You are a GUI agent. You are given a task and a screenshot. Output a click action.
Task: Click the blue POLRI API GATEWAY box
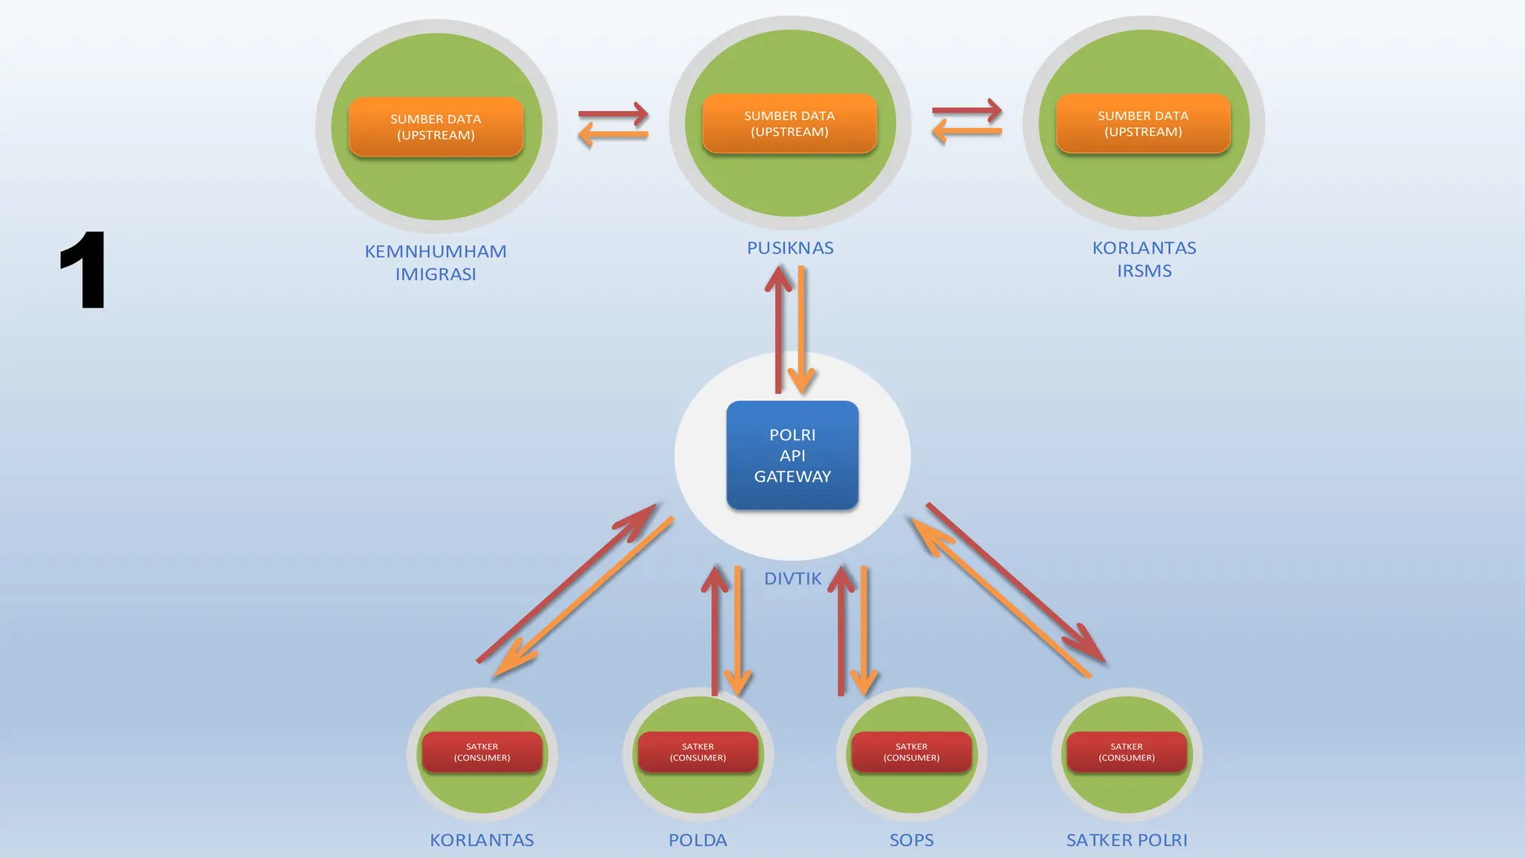[x=792, y=455]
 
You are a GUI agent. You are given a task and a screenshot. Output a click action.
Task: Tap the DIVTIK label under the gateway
[x=792, y=579]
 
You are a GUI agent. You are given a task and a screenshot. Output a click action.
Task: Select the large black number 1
[x=83, y=270]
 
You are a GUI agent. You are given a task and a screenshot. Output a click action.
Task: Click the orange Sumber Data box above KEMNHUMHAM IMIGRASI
[x=436, y=127]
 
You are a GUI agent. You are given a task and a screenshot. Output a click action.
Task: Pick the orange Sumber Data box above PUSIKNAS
[x=789, y=124]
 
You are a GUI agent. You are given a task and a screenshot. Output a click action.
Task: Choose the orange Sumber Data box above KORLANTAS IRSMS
[x=1143, y=124]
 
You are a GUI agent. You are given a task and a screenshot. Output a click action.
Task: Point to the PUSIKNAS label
[x=790, y=248]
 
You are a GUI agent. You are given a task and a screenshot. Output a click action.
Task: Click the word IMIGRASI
[x=436, y=274]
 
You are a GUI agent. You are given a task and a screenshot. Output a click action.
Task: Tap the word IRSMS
[x=1144, y=271]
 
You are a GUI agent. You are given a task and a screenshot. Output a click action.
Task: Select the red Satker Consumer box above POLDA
[x=698, y=752]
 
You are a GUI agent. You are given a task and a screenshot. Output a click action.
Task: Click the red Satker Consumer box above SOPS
[x=911, y=752]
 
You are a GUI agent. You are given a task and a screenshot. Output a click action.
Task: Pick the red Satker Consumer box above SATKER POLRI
[x=1127, y=752]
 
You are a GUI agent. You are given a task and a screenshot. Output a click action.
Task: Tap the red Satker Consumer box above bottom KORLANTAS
[x=482, y=752]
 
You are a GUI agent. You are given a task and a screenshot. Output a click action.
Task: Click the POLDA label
[x=698, y=840]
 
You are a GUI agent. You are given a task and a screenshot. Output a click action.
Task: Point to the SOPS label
[x=911, y=840]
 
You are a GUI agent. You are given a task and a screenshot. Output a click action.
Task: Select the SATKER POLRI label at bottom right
[x=1127, y=840]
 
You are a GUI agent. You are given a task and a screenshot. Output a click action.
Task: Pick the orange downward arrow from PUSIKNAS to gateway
[x=802, y=328]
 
